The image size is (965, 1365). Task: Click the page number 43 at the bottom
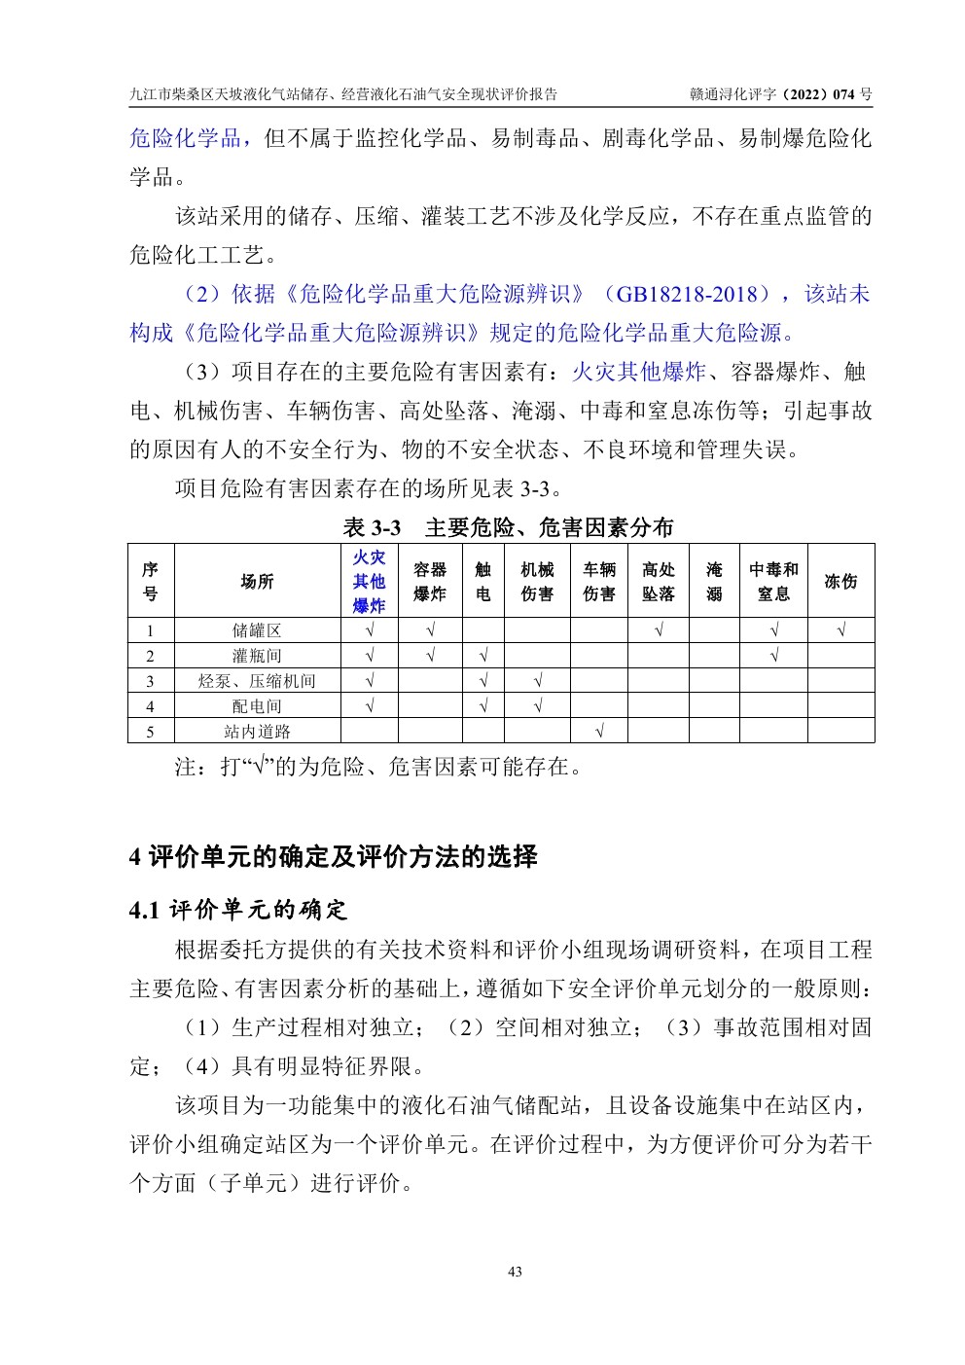516,1272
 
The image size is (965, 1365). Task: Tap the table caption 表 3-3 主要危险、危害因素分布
508,528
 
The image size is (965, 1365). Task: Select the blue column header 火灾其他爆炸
369,581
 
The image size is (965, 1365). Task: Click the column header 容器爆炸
429,581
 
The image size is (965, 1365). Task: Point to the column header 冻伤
840,581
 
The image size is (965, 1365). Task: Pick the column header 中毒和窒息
773,581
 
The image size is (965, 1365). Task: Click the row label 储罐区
257,630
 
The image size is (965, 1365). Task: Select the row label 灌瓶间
257,656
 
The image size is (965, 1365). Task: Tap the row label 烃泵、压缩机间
257,681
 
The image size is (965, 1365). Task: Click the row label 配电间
257,706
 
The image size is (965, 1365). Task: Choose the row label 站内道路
257,732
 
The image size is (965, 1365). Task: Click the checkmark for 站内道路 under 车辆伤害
598,732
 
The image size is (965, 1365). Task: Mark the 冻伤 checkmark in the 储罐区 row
840,630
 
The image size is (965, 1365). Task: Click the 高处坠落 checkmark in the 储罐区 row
658,630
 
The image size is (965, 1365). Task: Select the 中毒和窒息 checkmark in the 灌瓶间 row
773,656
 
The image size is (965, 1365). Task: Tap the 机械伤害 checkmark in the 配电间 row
537,706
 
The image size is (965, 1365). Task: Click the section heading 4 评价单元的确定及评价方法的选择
333,857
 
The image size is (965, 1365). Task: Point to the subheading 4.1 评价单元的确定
238,911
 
